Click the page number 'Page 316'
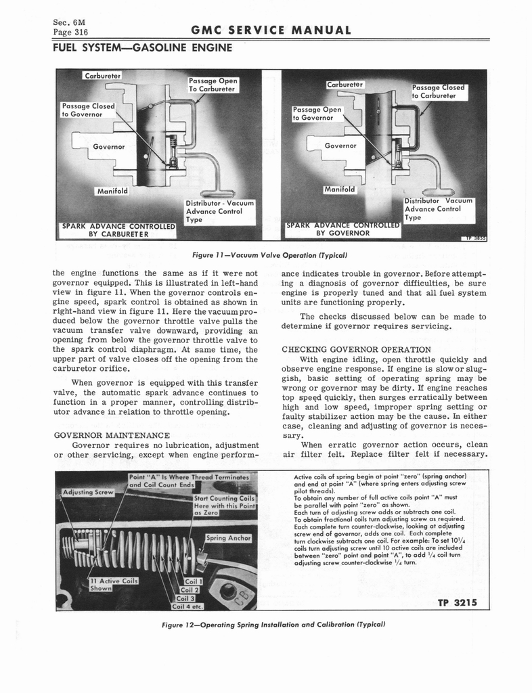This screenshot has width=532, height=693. (70, 32)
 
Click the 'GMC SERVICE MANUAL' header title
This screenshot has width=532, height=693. (271, 30)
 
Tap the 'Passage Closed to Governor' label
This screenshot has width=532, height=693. (88, 110)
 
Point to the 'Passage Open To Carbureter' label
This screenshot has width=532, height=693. (212, 85)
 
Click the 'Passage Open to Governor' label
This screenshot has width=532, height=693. (317, 113)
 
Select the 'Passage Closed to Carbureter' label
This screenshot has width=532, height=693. (439, 91)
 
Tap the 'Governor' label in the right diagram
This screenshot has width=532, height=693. (340, 146)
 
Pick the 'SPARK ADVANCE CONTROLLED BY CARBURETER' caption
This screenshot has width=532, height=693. (118, 229)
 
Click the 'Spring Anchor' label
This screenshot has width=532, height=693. (229, 538)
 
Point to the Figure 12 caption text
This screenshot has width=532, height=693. (269, 623)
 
